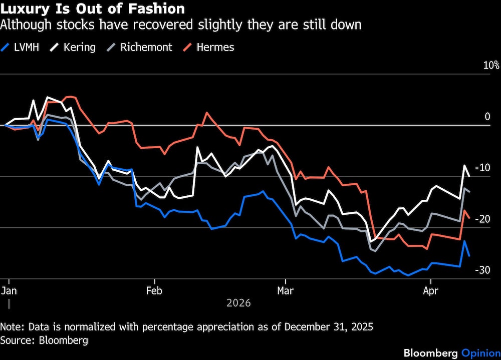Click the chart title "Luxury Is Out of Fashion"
coord(93,9)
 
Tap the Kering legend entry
coord(79,48)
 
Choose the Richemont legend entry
coord(146,48)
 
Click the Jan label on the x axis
coord(9,290)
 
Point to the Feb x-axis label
coord(154,290)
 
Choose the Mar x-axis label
coord(285,290)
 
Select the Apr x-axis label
coord(430,290)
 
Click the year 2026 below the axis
coord(238,303)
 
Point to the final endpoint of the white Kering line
coord(469,176)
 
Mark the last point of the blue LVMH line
coord(469,256)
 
